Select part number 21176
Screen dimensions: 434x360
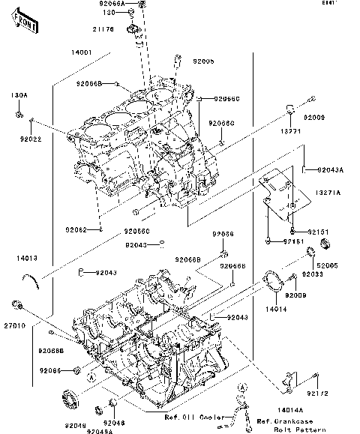click(103, 29)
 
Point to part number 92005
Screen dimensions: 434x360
click(203, 60)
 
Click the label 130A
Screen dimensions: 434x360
click(19, 96)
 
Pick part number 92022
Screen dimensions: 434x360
click(31, 139)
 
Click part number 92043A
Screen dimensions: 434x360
click(330, 170)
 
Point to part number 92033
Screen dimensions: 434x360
click(313, 275)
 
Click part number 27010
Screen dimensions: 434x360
click(14, 326)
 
